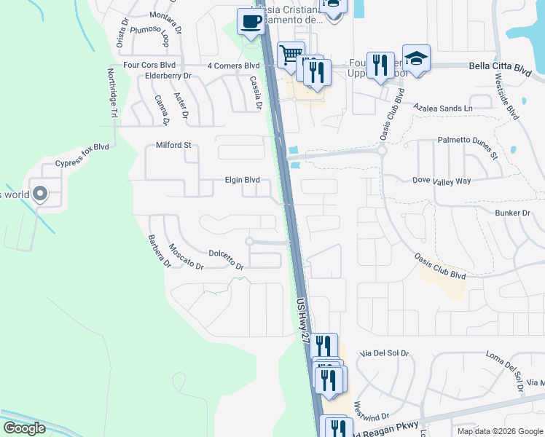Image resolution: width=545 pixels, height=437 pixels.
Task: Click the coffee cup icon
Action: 251,23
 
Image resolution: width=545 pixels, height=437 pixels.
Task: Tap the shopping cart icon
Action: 291,54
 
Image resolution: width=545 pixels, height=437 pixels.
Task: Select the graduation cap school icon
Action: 416,59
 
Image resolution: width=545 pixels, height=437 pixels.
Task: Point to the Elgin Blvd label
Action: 242,180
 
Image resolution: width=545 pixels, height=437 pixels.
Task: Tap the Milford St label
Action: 173,145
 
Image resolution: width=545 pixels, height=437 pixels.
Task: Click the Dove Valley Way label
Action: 442,180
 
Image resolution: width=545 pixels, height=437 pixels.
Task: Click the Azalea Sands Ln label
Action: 443,108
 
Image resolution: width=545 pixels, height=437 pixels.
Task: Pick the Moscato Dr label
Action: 186,256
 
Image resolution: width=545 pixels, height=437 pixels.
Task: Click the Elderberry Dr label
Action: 168,76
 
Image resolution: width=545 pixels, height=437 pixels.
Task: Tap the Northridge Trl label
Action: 112,93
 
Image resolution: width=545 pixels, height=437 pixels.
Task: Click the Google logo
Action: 24,428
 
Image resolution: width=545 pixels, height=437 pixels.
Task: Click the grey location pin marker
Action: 40,194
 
